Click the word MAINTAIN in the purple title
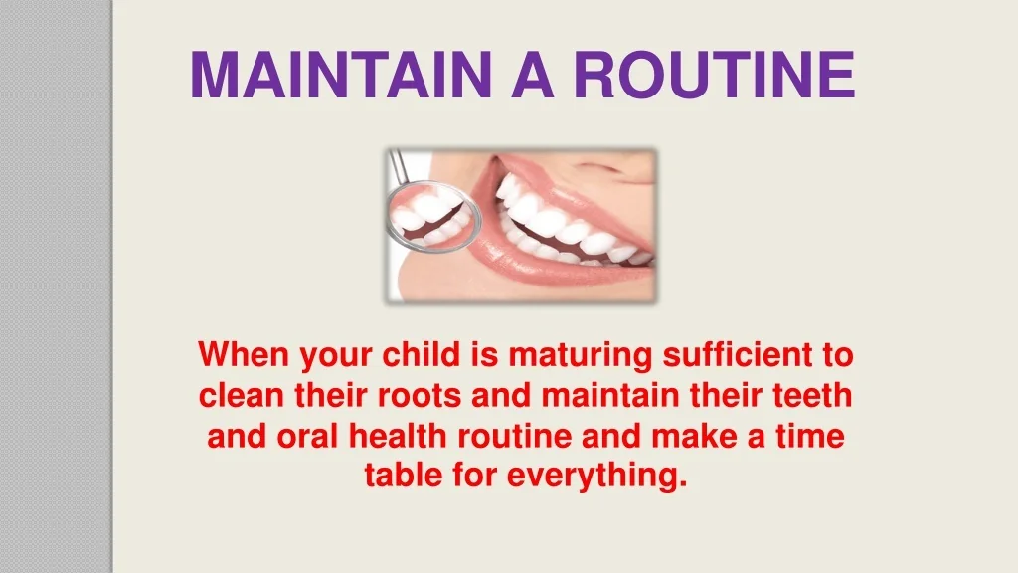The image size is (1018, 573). tap(341, 75)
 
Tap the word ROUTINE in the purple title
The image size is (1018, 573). tap(715, 75)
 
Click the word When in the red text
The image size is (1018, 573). tap(245, 355)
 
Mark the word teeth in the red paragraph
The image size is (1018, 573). tap(812, 395)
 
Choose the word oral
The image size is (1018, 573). tap(307, 436)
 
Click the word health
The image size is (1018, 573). tap(398, 436)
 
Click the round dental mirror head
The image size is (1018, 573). tap(433, 216)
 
